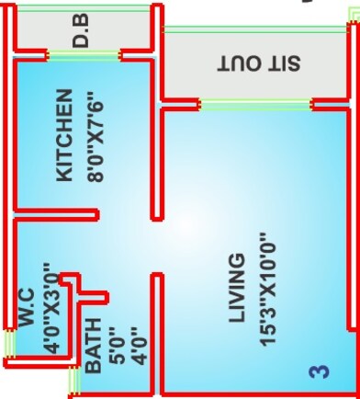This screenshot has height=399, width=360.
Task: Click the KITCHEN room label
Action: [63, 135]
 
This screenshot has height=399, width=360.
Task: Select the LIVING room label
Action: [238, 286]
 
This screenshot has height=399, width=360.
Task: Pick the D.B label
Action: [82, 36]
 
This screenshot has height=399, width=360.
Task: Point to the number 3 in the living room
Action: [318, 371]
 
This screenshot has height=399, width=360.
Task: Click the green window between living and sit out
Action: [256, 105]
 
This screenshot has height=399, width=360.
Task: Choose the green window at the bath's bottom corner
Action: [73, 380]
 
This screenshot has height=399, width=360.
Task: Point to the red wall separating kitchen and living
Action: [156, 165]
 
